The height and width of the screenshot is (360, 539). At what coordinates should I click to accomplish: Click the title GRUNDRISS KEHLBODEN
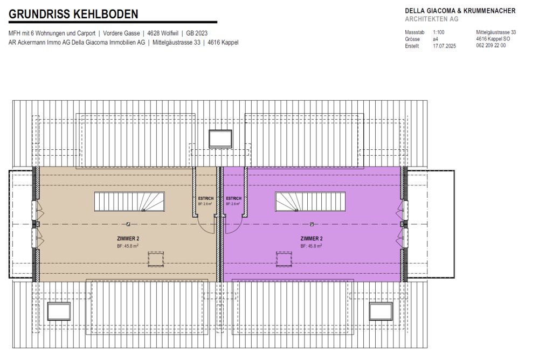click(73, 14)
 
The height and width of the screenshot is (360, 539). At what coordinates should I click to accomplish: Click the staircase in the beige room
click(130, 202)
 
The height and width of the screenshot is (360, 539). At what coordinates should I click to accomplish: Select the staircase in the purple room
click(309, 202)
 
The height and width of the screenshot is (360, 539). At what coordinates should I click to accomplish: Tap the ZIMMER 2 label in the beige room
click(128, 238)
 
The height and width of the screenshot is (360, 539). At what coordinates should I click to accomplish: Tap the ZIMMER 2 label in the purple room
click(312, 238)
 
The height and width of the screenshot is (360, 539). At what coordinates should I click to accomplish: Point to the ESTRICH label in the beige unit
click(206, 198)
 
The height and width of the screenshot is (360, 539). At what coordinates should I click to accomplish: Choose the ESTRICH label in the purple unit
click(233, 198)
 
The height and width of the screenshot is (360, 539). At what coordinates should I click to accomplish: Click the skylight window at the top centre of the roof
click(220, 139)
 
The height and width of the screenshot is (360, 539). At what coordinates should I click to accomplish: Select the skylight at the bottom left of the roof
click(59, 311)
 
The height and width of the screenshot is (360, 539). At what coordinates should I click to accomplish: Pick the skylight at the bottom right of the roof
click(381, 311)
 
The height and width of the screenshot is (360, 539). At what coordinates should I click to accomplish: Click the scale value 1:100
click(439, 33)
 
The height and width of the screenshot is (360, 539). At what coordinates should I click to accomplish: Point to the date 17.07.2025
click(444, 46)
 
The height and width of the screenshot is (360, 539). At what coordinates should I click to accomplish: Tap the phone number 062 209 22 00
click(491, 46)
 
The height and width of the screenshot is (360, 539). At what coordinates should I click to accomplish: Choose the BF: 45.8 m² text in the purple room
click(312, 246)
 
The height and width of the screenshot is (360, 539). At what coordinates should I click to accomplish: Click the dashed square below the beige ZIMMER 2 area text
click(156, 259)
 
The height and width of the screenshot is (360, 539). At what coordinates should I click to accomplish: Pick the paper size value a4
click(436, 39)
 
